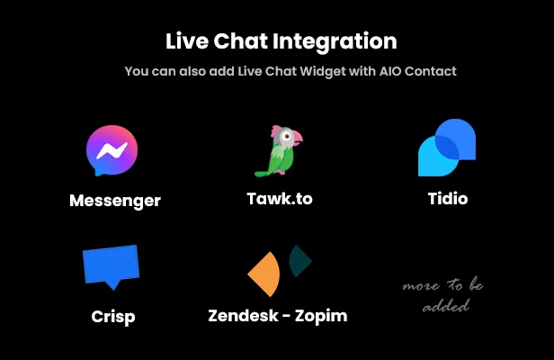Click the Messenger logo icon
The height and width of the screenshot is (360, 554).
112,150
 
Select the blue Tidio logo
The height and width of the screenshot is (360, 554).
446,148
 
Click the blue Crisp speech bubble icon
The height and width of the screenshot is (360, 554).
112,266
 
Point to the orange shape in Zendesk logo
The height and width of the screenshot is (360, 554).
264,274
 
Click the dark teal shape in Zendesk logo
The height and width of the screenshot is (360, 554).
300,261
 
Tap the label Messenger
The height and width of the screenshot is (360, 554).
115,200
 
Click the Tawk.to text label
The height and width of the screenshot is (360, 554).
280,198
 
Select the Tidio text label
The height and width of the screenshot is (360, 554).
447,198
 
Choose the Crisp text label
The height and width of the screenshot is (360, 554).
113,316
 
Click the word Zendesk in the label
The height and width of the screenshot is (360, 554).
242,316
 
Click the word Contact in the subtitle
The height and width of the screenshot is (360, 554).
431,71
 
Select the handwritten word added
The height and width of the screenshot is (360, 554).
446,305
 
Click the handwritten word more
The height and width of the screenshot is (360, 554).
420,285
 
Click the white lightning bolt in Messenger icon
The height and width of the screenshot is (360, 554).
112,149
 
